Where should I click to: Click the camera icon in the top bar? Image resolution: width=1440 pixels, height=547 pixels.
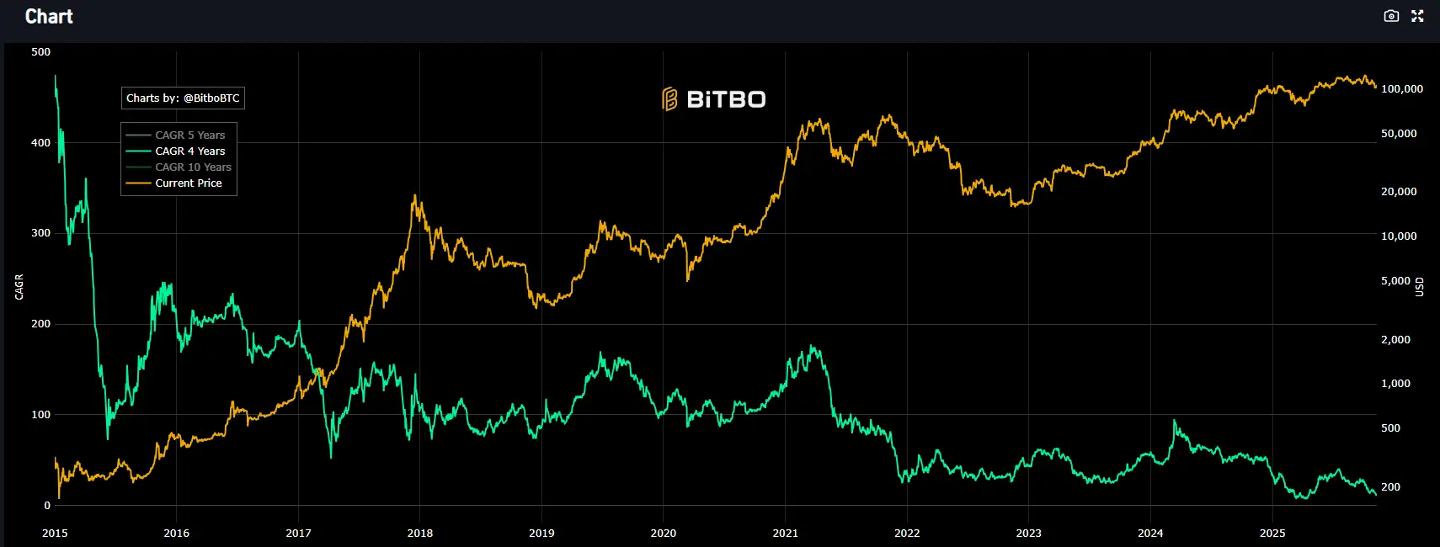click(1391, 16)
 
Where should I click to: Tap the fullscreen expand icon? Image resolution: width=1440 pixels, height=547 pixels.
click(1417, 16)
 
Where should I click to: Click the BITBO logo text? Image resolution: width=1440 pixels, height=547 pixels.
click(714, 99)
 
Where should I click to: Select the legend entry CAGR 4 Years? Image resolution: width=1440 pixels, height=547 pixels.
click(189, 151)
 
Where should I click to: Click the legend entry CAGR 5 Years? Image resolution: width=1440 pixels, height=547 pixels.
click(189, 135)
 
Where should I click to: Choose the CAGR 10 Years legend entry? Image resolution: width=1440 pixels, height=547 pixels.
click(193, 167)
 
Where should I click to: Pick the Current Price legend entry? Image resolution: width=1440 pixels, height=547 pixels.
click(188, 183)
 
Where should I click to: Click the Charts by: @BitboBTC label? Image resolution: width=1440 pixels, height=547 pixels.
click(183, 98)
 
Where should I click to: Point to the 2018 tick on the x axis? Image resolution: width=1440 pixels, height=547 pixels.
click(420, 534)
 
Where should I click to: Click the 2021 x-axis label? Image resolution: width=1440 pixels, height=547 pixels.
click(785, 534)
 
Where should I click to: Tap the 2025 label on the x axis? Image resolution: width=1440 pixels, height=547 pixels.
click(1272, 534)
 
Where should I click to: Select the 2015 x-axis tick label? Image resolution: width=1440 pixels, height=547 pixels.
click(55, 534)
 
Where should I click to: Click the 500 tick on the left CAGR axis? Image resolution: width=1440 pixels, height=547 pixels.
click(40, 52)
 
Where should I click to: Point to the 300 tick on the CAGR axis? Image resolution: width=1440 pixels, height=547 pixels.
click(40, 233)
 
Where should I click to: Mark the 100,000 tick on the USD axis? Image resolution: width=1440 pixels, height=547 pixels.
click(1402, 89)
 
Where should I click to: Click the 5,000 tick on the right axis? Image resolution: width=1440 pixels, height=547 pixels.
click(1395, 281)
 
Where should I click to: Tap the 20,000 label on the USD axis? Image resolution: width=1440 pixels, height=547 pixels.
click(1399, 192)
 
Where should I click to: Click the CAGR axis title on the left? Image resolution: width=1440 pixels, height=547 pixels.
click(19, 287)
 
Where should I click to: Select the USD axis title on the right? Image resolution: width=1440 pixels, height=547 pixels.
click(1419, 287)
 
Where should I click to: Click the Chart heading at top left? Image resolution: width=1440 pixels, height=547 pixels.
click(49, 17)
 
